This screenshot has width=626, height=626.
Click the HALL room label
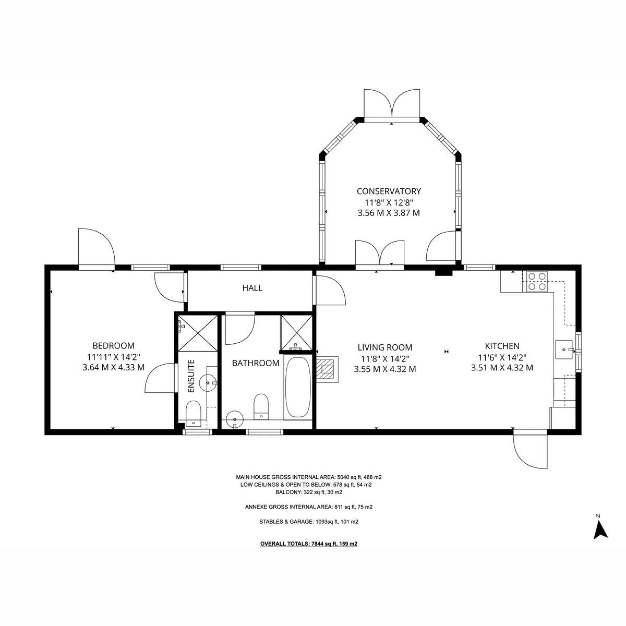click(x=252, y=288)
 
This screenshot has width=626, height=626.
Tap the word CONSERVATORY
click(x=389, y=191)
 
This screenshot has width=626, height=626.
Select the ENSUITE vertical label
click(x=191, y=376)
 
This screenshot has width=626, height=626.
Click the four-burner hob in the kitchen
click(x=537, y=281)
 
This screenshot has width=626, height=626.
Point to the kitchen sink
click(x=564, y=350)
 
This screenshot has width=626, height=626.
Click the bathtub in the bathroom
click(x=297, y=387)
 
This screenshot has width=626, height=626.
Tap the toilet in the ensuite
click(x=194, y=413)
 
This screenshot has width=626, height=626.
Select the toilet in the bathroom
click(x=261, y=407)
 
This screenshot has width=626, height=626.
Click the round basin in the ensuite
click(x=208, y=383)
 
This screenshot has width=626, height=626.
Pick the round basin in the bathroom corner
click(x=235, y=419)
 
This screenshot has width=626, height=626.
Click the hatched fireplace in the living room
click(x=328, y=368)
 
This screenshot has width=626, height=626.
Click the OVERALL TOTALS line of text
click(x=309, y=544)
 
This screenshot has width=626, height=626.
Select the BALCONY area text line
click(x=309, y=492)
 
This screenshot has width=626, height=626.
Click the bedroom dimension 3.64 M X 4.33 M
click(x=113, y=367)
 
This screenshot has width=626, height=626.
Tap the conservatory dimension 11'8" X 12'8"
click(x=389, y=203)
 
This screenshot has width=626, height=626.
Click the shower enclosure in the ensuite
click(x=198, y=333)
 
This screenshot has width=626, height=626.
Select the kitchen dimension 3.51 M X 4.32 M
click(x=502, y=368)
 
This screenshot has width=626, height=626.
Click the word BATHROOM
click(x=256, y=363)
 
